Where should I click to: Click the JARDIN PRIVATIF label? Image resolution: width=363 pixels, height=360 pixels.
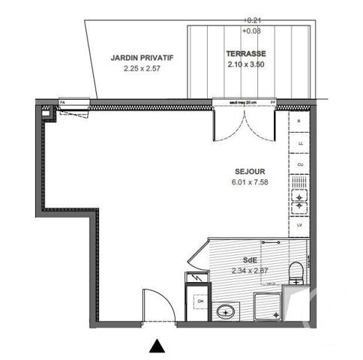[142, 57]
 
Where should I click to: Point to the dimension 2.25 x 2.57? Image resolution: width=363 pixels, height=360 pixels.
[142, 68]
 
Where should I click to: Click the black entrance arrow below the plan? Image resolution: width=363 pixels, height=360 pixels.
[157, 346]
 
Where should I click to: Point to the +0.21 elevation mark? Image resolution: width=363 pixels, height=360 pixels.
[251, 20]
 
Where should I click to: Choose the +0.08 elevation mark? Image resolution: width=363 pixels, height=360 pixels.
[251, 31]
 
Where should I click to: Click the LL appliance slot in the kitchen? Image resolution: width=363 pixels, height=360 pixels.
[300, 142]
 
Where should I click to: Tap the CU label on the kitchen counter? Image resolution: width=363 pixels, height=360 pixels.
[300, 163]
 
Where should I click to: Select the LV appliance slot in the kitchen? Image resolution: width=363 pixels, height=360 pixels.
[300, 224]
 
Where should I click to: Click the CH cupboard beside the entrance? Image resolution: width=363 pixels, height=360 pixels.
[199, 301]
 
